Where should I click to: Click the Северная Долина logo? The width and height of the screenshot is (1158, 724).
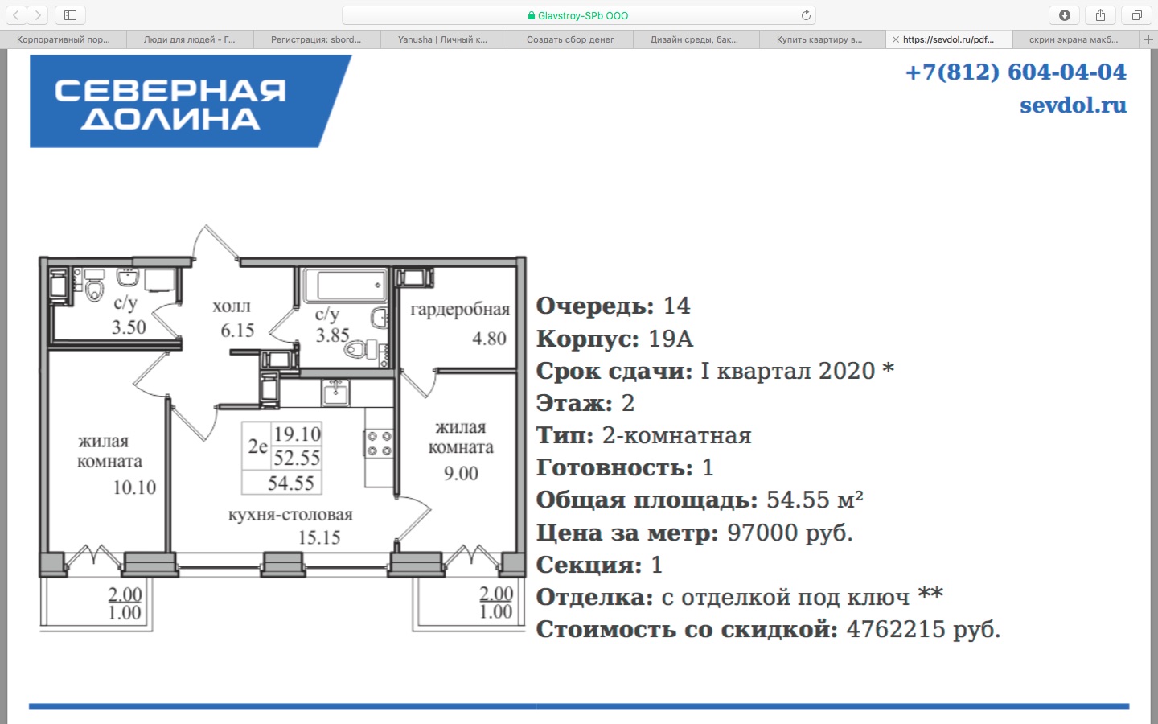(191, 101)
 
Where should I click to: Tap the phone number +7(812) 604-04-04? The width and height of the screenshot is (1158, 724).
(1016, 72)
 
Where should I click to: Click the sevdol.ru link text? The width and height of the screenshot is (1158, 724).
(1073, 105)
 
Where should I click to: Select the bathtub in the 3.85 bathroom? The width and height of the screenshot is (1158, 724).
(345, 285)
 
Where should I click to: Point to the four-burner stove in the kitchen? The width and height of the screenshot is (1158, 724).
(379, 444)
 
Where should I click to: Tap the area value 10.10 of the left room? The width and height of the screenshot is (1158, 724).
(134, 487)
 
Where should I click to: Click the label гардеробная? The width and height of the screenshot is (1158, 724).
(460, 309)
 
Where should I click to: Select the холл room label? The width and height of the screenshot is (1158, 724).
(231, 306)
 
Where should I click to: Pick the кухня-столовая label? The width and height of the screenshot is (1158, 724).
(290, 515)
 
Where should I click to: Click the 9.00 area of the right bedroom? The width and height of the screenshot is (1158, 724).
(461, 473)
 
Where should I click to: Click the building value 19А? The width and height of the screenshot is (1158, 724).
(670, 339)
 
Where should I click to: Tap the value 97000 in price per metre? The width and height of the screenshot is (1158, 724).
(762, 533)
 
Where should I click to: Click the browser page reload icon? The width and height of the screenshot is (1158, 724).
(806, 15)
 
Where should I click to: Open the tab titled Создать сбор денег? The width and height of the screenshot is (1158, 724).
(570, 39)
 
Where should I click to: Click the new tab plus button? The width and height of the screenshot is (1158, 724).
(1148, 39)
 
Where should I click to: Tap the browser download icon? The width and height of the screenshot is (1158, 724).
(1065, 15)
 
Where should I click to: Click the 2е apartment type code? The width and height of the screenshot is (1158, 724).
(257, 446)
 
